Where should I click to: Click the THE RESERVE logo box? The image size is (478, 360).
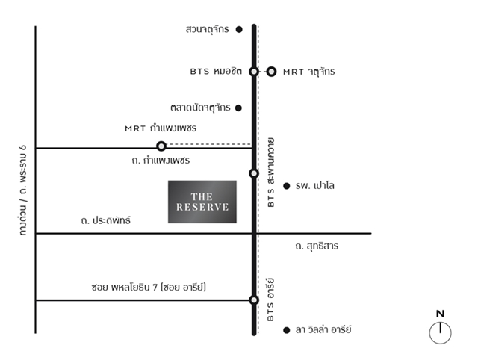[x=202, y=202]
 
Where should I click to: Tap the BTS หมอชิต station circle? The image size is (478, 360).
[x=254, y=72]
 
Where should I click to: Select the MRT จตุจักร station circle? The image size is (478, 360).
[x=271, y=72]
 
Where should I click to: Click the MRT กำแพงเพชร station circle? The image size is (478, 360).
[x=161, y=146]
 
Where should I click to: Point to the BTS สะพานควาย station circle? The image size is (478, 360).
[x=254, y=173]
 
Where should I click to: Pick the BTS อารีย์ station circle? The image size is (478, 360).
[x=254, y=300]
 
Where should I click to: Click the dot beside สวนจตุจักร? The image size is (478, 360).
[x=239, y=29]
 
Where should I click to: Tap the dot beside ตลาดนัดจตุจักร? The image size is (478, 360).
[x=238, y=108]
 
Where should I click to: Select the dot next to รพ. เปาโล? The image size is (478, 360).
[x=286, y=186]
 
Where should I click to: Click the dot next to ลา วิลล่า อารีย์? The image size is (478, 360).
[x=286, y=330]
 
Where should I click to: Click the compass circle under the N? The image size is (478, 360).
[x=440, y=333]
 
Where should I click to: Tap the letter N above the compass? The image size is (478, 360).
[x=440, y=314]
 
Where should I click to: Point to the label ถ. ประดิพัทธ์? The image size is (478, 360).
[x=106, y=220]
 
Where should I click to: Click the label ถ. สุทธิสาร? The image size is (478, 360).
[x=317, y=246]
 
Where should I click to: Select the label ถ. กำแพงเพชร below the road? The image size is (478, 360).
[x=161, y=160]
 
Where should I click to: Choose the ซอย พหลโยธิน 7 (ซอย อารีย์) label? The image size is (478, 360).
[x=149, y=287]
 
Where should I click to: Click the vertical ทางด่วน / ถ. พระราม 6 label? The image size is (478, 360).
[x=23, y=190]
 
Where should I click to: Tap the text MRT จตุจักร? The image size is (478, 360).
[x=309, y=72]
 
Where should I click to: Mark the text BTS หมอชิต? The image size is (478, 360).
[x=216, y=71]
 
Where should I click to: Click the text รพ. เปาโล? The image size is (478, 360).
[x=315, y=185]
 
